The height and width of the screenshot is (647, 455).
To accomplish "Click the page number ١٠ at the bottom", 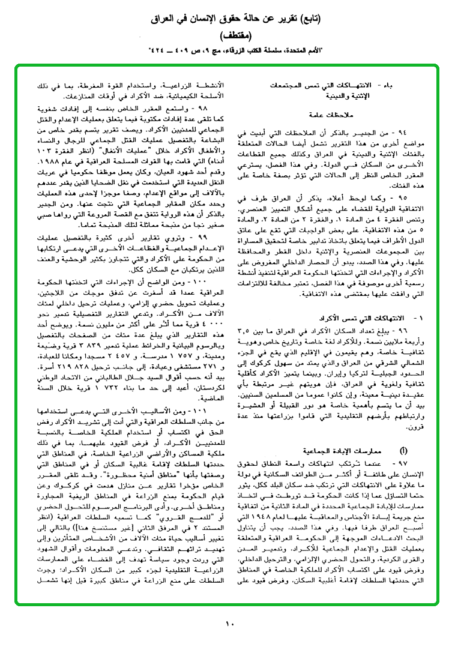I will tap(229, 625).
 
